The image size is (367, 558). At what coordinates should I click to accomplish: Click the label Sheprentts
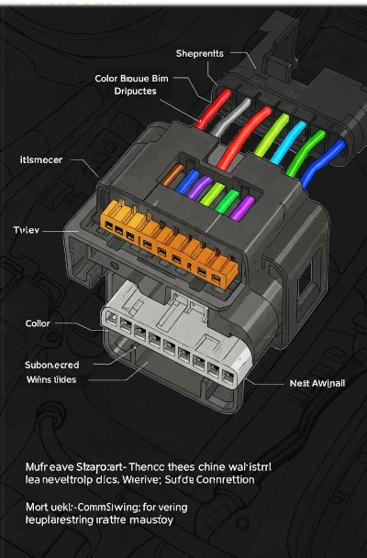tap(199, 53)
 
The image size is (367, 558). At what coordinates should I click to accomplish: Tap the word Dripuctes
tap(136, 92)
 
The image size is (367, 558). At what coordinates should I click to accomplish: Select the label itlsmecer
tap(40, 159)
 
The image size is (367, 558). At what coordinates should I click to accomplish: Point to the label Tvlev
tap(27, 229)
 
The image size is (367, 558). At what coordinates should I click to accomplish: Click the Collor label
tap(38, 323)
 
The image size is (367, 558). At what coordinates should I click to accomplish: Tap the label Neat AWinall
tap(317, 383)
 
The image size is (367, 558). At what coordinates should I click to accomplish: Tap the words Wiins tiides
tap(51, 379)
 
